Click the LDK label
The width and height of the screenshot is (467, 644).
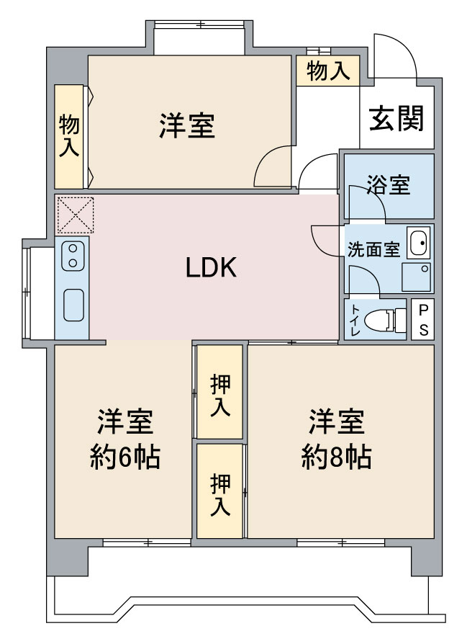pos(211,268)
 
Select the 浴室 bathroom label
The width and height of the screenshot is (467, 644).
pos(388,184)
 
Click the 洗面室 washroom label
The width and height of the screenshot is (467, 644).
pos(373,250)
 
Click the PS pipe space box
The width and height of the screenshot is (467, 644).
pos(423,319)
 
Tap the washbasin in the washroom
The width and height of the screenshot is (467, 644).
pos(418,243)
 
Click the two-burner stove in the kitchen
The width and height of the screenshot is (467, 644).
pos(72,256)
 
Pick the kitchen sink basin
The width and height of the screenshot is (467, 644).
pos(73,304)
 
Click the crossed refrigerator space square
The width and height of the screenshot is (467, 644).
pos(74,214)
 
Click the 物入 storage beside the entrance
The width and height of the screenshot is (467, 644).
pos(327,71)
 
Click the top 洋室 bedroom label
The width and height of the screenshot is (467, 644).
pos(187,127)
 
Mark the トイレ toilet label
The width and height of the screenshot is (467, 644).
pos(355,319)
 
